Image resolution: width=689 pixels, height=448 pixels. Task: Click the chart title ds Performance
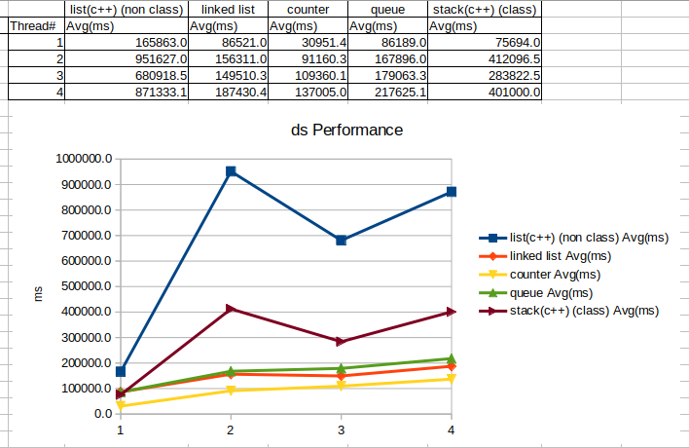[x=347, y=130]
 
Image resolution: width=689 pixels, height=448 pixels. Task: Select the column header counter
[x=308, y=9]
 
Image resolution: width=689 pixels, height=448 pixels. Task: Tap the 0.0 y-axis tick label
[x=102, y=414]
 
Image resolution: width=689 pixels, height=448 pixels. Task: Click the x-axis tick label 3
[x=341, y=429]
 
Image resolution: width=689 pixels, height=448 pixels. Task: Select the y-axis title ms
[x=39, y=292]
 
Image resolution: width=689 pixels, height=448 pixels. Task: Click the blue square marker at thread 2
[x=231, y=171]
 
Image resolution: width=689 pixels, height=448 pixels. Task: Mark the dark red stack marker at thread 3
[x=341, y=342]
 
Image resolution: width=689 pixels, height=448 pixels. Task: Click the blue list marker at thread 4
[x=451, y=192]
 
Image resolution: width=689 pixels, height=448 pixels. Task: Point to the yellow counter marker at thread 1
[x=121, y=405]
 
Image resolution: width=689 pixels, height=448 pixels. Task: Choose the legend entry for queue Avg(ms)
[x=551, y=292]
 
